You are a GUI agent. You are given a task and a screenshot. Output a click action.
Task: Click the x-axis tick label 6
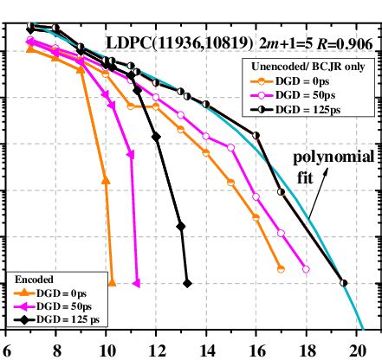point(7,350)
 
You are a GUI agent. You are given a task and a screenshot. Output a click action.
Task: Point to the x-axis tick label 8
point(57,350)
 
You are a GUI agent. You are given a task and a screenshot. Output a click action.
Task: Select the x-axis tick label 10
point(107,350)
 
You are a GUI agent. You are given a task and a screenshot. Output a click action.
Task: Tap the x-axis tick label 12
point(157,350)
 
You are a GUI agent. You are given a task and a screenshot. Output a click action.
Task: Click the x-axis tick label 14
point(207,350)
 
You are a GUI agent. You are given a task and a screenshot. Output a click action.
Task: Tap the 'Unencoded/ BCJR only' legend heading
point(308,66)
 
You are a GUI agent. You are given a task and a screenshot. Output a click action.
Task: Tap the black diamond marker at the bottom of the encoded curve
point(188,282)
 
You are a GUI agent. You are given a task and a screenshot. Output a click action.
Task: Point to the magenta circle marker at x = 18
point(306,269)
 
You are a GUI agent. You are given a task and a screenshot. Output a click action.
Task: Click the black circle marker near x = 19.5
point(344,282)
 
